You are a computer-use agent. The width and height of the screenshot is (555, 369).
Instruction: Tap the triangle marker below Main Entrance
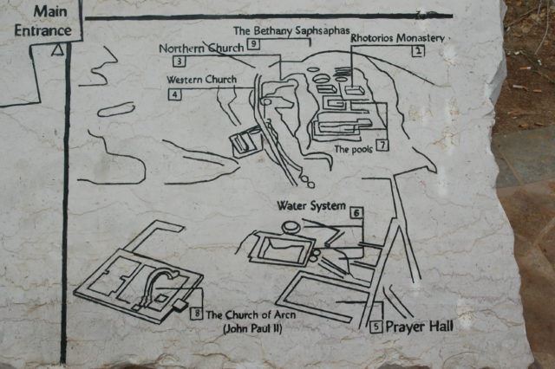[58, 50]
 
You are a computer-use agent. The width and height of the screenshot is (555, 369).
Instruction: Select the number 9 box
[253, 43]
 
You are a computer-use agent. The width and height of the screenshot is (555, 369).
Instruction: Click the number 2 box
[418, 52]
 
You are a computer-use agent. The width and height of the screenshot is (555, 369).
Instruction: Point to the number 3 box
[179, 61]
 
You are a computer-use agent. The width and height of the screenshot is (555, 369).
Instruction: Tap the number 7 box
[382, 145]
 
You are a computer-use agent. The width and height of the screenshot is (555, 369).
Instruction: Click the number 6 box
[357, 211]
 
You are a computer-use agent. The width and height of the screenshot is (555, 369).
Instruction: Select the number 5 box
[375, 327]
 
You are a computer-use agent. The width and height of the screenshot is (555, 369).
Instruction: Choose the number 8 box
[197, 314]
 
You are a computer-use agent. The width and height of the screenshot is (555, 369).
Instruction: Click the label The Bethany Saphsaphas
[290, 29]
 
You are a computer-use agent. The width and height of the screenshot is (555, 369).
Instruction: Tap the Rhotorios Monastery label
[397, 38]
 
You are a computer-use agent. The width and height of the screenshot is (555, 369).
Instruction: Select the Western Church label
[202, 80]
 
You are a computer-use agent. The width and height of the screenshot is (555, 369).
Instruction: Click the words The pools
[352, 149]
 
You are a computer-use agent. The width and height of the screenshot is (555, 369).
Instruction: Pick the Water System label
[310, 206]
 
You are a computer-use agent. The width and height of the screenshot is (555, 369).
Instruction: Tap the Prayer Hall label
[419, 327]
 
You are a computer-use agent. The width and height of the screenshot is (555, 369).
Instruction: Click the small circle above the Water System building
[291, 227]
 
